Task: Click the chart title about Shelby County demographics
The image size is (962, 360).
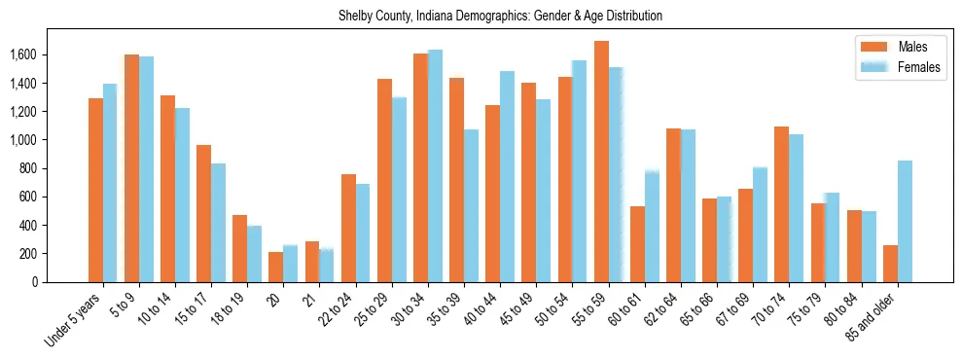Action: click(x=500, y=17)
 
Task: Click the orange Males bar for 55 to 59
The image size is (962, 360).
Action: click(x=601, y=162)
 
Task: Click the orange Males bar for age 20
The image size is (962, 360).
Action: click(x=276, y=267)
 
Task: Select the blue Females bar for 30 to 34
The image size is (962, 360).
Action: click(x=435, y=165)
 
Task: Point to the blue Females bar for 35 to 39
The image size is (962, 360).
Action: click(x=471, y=205)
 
